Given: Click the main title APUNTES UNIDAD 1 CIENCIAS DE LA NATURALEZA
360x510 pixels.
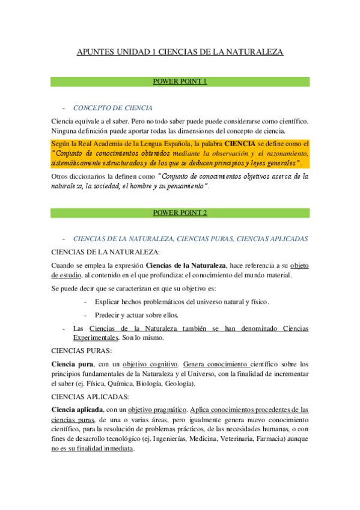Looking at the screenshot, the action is pos(180,52).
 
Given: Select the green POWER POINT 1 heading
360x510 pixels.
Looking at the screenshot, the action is pos(180,81).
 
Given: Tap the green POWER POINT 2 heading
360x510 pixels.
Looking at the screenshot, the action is pos(180,212).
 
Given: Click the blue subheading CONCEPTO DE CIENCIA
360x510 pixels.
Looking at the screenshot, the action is pos(112,108).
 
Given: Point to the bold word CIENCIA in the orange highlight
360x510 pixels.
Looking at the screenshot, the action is pos(239,144).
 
